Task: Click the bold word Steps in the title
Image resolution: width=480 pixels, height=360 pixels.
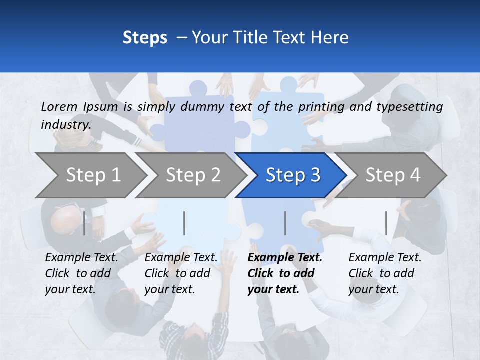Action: [x=145, y=37]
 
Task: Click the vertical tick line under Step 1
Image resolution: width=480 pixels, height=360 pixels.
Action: [x=84, y=223]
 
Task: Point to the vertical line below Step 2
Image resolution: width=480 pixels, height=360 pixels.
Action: [x=184, y=223]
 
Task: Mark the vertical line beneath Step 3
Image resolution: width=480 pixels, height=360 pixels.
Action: [x=285, y=223]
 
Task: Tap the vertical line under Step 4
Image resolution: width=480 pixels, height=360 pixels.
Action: [x=386, y=223]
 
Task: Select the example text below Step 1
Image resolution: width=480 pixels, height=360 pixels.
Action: [x=81, y=273]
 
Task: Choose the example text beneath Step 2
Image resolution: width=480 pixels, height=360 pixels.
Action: [x=181, y=273]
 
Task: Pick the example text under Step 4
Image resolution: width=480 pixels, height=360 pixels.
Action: [x=385, y=273]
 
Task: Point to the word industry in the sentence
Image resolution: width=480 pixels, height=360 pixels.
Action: [x=65, y=124]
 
